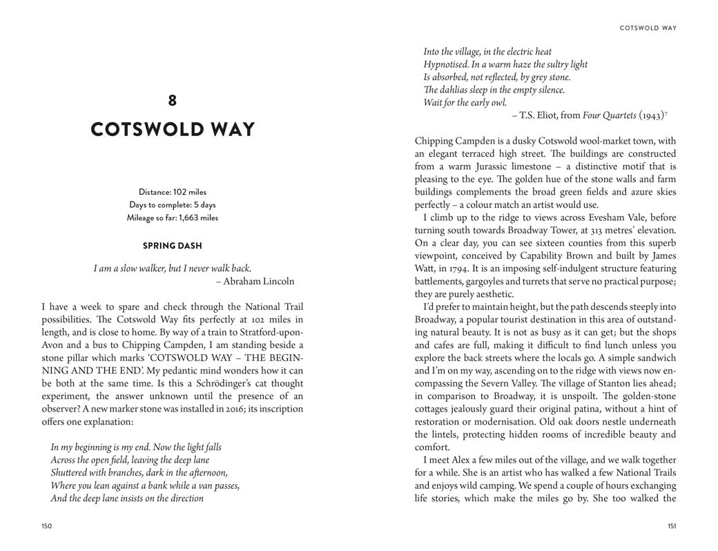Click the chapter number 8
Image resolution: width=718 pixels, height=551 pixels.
click(x=173, y=101)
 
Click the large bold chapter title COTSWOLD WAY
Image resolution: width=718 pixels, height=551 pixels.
click(x=173, y=130)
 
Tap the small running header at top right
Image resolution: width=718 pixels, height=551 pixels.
click(x=648, y=28)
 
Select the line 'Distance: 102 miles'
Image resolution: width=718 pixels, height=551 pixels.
click(x=173, y=192)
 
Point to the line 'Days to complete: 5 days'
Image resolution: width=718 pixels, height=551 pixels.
click(x=173, y=205)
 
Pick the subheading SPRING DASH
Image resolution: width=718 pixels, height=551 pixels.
click(x=173, y=246)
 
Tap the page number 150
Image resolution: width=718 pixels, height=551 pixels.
click(x=47, y=526)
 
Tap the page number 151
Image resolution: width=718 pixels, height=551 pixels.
click(x=671, y=526)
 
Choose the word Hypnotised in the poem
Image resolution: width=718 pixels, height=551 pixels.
click(x=446, y=64)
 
